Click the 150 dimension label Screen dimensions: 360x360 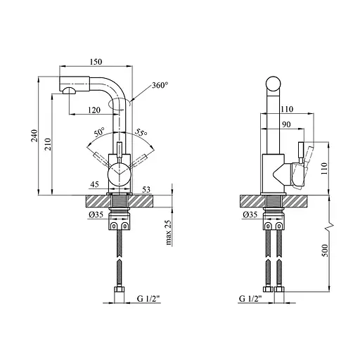pyautogui.click(x=96, y=62)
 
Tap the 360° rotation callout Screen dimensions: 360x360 pyautogui.click(x=160, y=85)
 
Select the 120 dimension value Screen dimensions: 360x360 pyautogui.click(x=94, y=110)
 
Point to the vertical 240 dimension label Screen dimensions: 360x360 pyautogui.click(x=34, y=136)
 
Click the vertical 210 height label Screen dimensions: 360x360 pyautogui.click(x=48, y=144)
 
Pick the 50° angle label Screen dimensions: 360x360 pyautogui.click(x=100, y=132)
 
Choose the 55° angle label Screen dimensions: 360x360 pyautogui.click(x=141, y=133)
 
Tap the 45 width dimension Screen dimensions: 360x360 pyautogui.click(x=94, y=184)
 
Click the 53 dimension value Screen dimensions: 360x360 pyautogui.click(x=146, y=190)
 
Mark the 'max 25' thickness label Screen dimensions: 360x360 pyautogui.click(x=169, y=233)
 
